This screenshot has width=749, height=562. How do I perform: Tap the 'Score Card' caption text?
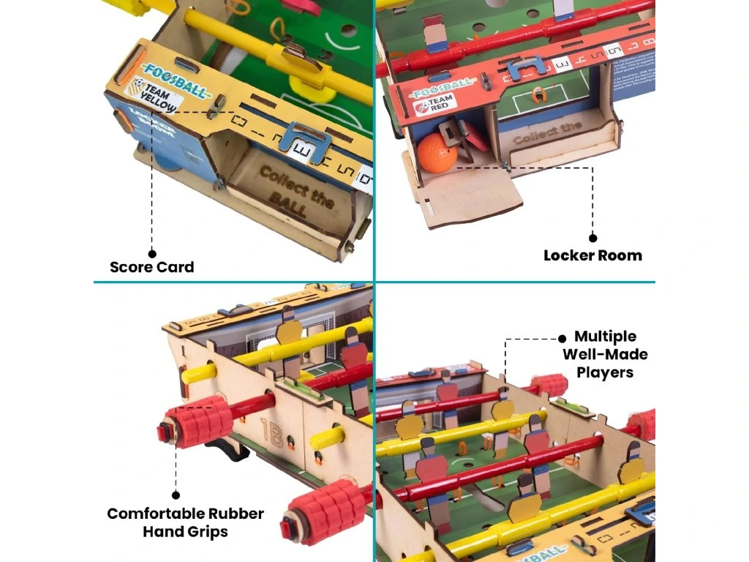pos(152,267)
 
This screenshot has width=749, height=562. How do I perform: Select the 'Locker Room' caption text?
pos(592,255)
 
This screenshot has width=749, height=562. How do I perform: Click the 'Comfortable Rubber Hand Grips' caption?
pos(186,522)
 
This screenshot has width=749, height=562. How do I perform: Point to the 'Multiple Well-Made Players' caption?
pos(604,354)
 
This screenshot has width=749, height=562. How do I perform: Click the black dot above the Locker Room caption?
pos(592,238)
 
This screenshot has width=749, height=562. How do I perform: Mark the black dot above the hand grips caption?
pos(176,495)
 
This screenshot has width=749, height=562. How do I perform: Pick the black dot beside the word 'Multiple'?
pos(562,338)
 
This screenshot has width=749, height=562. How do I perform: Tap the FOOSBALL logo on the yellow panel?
pos(167,70)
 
